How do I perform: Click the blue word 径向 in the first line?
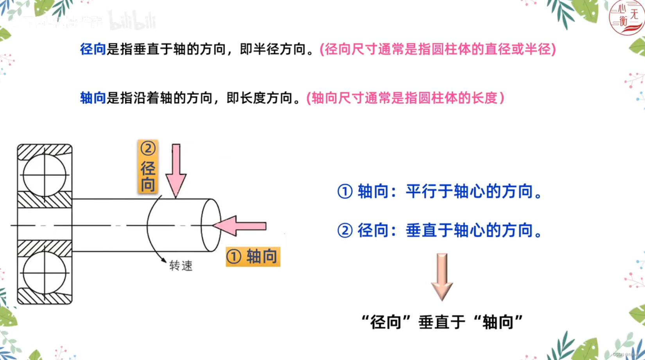coord(93,49)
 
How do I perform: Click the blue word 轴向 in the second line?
coord(93,98)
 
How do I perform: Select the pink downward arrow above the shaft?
coord(176,170)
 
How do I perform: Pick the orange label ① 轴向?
coord(253,257)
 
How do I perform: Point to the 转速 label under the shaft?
coord(181,266)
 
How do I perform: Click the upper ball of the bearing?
coord(45,175)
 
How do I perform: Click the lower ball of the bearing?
coord(45,273)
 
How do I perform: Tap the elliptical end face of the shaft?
coord(211,225)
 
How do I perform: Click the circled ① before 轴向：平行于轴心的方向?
coord(345,192)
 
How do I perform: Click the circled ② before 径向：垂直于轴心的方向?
coord(345,231)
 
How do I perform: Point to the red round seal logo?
coord(627,18)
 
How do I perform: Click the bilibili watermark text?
coord(133,21)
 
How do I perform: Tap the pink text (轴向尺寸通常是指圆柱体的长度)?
coord(405,98)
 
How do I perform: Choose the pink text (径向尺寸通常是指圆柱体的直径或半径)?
coord(438,49)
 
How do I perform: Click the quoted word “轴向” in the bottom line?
coord(498,322)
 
